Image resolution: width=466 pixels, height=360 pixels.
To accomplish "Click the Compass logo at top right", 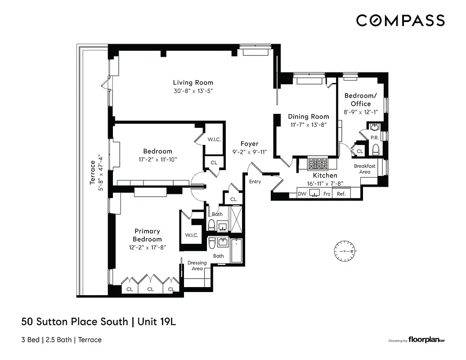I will click(x=400, y=21).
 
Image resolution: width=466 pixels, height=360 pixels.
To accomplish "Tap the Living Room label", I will click(x=193, y=82).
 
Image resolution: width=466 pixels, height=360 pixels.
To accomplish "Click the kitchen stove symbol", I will click(x=318, y=163).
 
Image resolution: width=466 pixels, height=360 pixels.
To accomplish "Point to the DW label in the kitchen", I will click(x=302, y=194).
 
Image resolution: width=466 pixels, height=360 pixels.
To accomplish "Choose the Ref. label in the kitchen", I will click(x=341, y=194).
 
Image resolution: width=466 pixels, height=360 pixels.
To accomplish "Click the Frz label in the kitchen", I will click(x=327, y=194).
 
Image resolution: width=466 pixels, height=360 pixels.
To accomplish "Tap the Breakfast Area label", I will click(x=365, y=169).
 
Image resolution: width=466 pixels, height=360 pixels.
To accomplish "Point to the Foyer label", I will click(x=249, y=144).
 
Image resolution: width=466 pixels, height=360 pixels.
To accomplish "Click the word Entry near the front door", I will click(x=255, y=181).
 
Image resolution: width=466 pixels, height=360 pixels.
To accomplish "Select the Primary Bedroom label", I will click(x=147, y=235).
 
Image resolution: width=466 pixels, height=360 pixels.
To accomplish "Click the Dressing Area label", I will click(x=197, y=265).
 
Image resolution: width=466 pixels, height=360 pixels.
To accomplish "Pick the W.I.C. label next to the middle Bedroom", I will click(x=214, y=139).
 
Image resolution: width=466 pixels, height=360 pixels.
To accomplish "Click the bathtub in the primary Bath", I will click(x=237, y=251).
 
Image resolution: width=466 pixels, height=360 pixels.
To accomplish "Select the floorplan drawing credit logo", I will click(x=426, y=341).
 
